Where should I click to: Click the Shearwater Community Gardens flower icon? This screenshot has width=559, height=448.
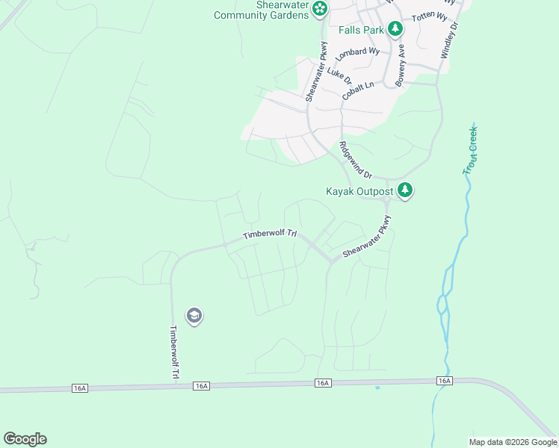[x=320, y=9]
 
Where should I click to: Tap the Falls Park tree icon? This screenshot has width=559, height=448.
[x=395, y=30]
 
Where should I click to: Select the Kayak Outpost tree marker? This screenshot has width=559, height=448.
[x=405, y=191]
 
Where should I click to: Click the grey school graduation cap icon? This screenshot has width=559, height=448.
[x=194, y=316]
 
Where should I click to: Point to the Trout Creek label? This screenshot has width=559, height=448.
[x=470, y=150]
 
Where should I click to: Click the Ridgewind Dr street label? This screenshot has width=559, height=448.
[x=355, y=159]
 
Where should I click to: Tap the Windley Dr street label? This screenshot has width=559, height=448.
[x=448, y=40]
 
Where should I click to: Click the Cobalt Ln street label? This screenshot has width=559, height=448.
[x=357, y=91]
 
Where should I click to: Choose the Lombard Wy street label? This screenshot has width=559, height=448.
[x=357, y=55]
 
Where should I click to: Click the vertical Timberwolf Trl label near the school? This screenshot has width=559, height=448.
[x=173, y=352]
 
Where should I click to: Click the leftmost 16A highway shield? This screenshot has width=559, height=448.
[x=80, y=388]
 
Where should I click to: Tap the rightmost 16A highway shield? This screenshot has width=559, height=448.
[x=445, y=381]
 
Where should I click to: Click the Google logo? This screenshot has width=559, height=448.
[x=25, y=439]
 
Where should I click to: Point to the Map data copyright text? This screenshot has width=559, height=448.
[x=512, y=442]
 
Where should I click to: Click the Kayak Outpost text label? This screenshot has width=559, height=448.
[x=359, y=191]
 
